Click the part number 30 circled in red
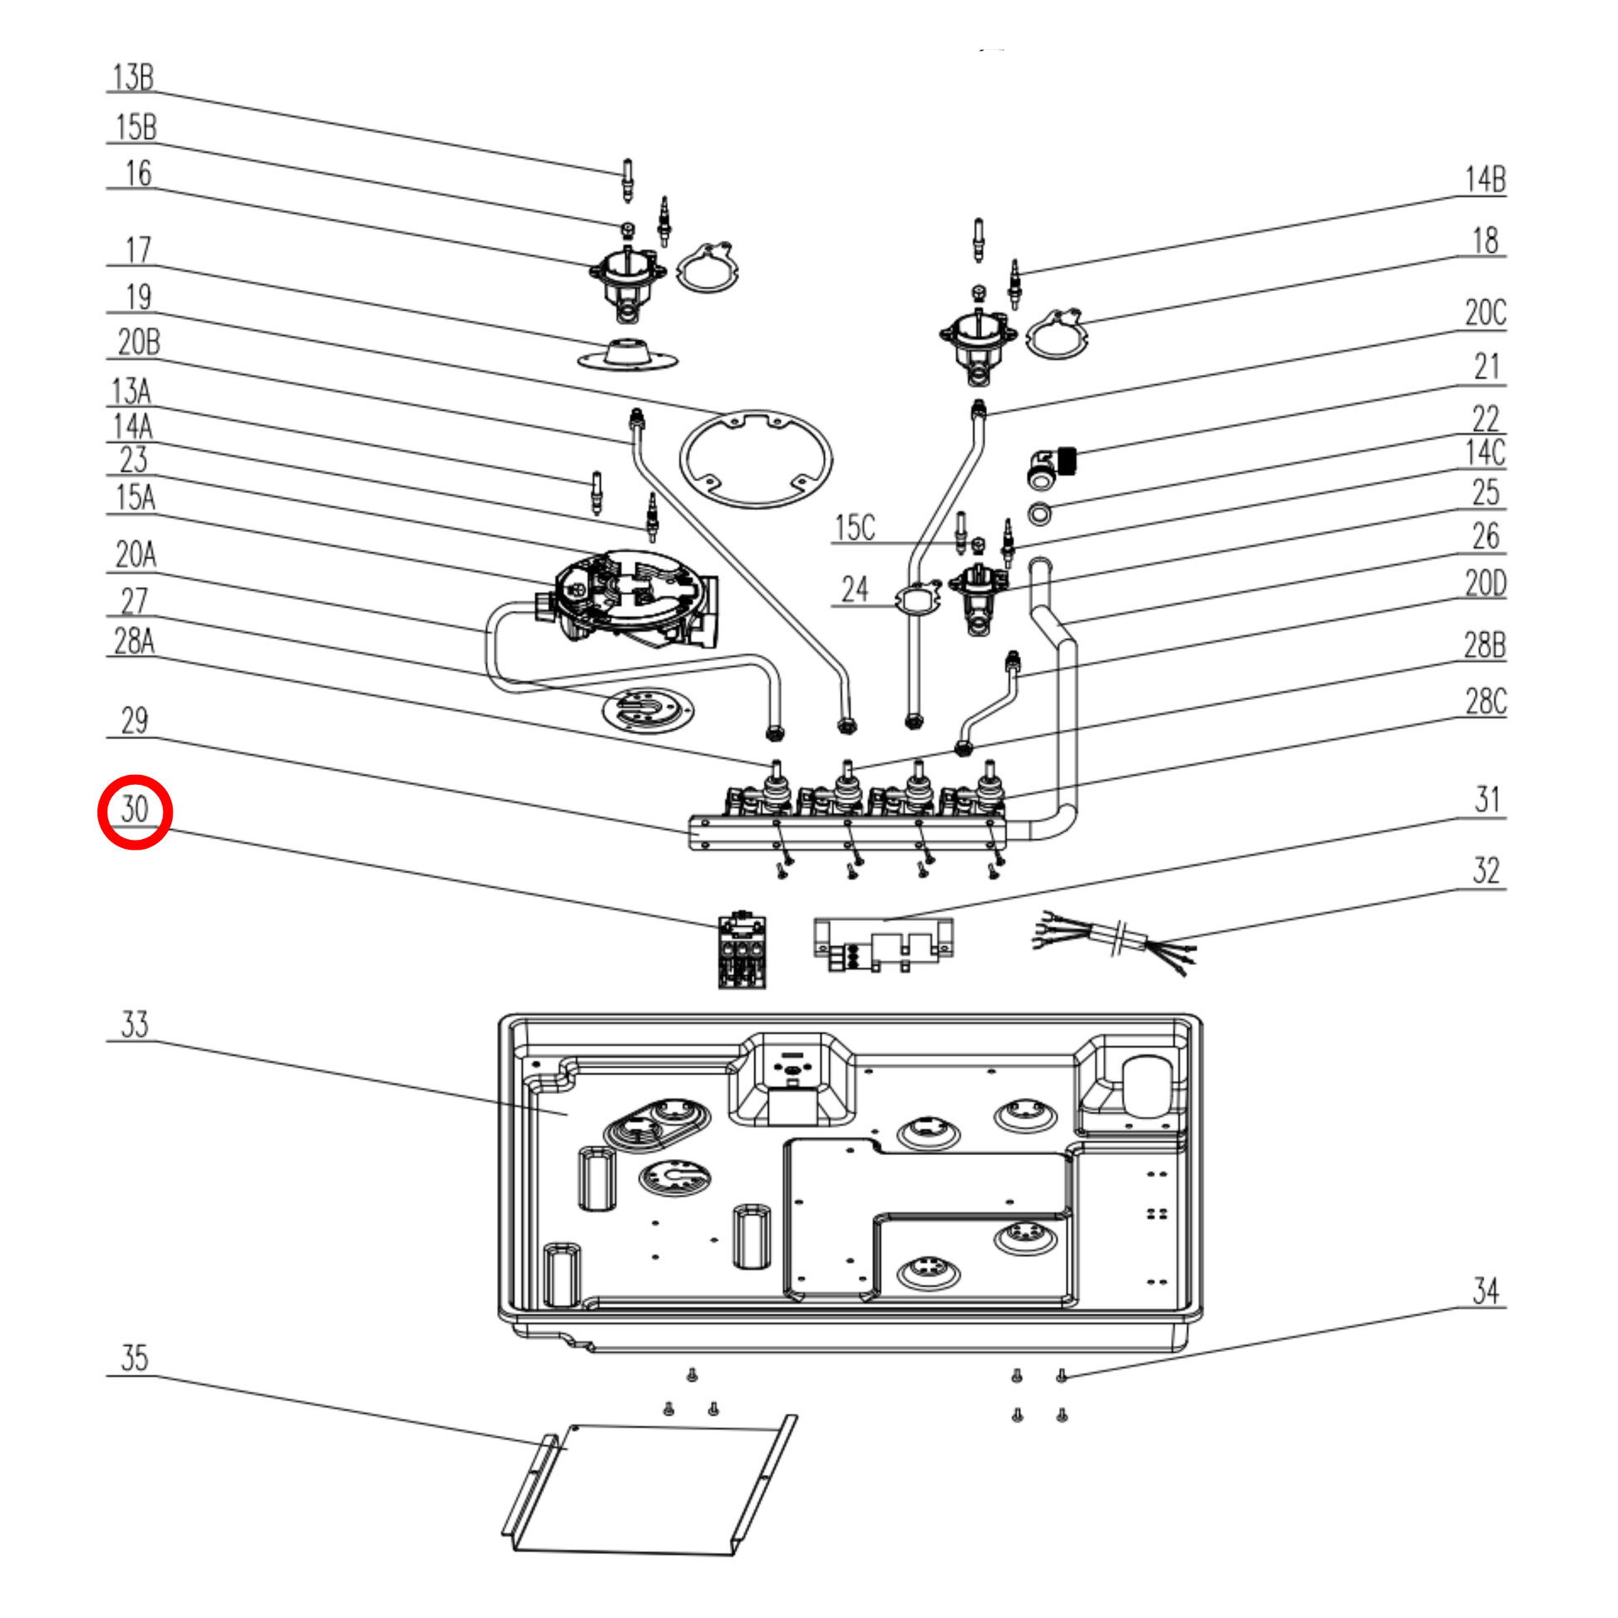click(x=135, y=810)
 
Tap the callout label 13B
click(x=133, y=77)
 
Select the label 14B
click(x=1485, y=180)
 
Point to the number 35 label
click(x=134, y=1359)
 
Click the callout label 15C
click(x=854, y=528)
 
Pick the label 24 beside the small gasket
click(x=854, y=589)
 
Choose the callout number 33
click(x=134, y=1024)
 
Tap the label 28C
click(x=1485, y=702)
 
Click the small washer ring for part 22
click(x=1039, y=512)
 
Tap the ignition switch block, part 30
click(x=742, y=951)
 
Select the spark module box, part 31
click(x=883, y=944)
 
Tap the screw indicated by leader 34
click(x=1061, y=1375)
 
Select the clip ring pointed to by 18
click(x=1057, y=334)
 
